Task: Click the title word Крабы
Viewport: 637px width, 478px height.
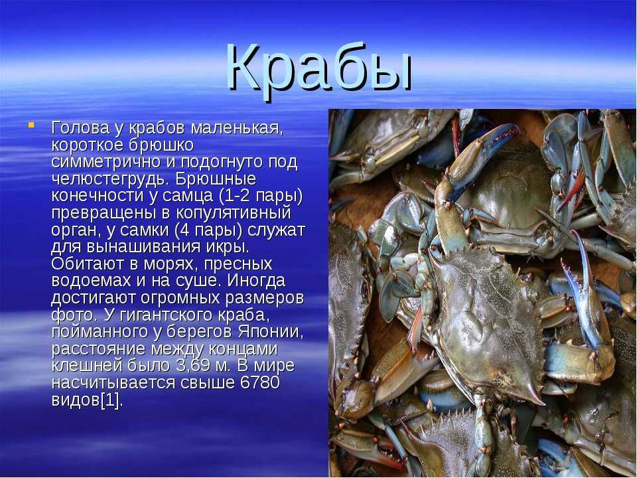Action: pos(319,68)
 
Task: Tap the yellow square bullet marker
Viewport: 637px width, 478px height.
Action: pos(31,124)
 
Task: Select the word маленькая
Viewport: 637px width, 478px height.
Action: pos(236,128)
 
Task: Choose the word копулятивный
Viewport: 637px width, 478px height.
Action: pos(234,213)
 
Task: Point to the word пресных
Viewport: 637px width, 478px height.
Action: pos(238,264)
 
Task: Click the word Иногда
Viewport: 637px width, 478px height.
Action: pos(256,281)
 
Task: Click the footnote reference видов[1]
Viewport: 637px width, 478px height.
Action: pos(86,400)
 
